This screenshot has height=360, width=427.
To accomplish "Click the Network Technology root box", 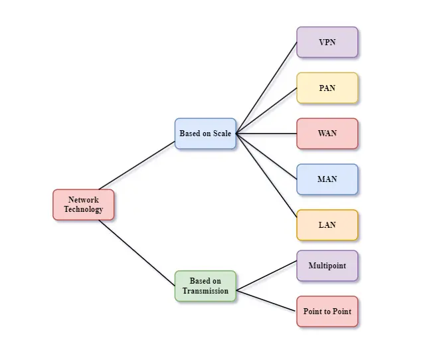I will (x=83, y=205).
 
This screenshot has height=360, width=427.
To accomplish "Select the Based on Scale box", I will (x=205, y=134).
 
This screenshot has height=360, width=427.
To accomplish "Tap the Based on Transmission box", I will (x=205, y=286).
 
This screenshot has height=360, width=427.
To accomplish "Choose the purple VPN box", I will (x=327, y=43).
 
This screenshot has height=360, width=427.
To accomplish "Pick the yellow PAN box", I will (x=327, y=88).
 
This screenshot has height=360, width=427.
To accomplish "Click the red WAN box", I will (x=327, y=134).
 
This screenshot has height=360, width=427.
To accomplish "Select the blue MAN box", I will (x=327, y=179).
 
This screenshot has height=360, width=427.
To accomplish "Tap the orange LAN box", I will (x=327, y=225).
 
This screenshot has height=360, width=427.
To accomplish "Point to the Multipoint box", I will (x=327, y=266).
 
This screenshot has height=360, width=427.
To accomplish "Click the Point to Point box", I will (x=327, y=312).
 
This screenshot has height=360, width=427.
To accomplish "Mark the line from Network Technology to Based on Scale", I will (x=137, y=165).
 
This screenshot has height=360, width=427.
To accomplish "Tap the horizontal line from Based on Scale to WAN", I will (x=266, y=134).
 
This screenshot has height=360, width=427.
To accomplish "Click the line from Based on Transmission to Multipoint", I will (x=266, y=276).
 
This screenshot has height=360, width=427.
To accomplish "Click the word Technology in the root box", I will (x=83, y=209).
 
